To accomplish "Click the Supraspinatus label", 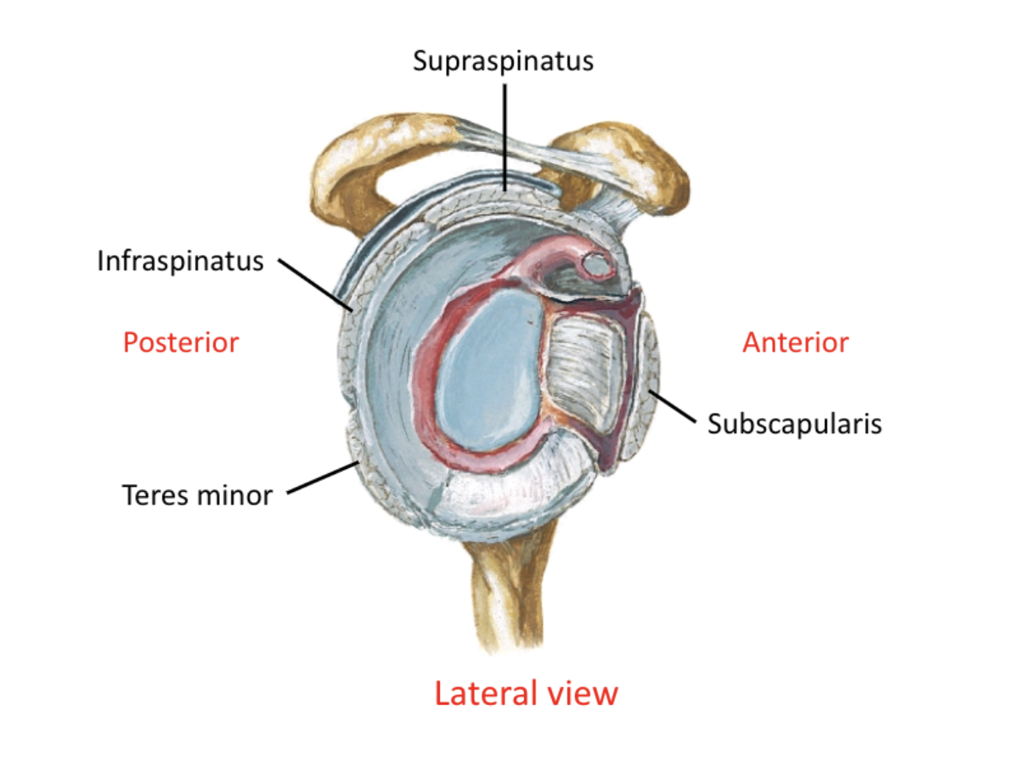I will tap(503, 61).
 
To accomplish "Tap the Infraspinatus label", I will tap(180, 260).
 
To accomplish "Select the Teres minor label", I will tap(197, 494).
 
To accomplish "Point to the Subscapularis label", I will tap(794, 422).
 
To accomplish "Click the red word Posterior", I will tap(181, 342).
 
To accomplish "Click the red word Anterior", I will tap(795, 342).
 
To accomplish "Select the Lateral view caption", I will tap(526, 693).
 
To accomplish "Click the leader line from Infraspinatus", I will tap(314, 285).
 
